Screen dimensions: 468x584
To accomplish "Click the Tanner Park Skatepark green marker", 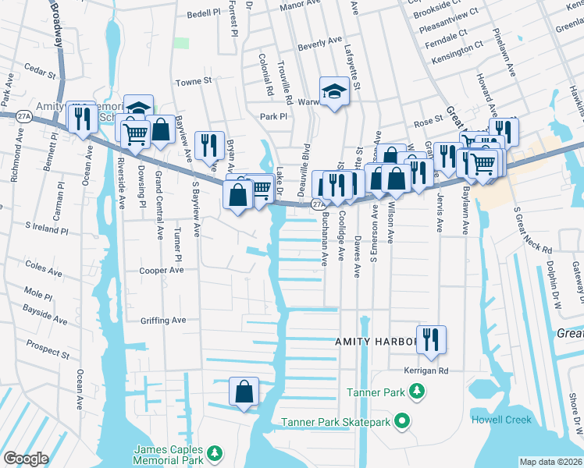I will pos(402,422).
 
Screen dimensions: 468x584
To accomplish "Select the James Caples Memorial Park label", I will pos(169,455).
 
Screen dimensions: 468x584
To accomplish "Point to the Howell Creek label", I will pos(500,420).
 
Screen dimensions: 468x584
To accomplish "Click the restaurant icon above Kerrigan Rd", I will pos(431,339).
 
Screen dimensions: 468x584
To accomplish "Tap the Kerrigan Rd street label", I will pos(426,370).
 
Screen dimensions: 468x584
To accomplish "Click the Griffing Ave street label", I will pos(163,320).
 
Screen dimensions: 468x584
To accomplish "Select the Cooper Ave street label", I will pos(161,271).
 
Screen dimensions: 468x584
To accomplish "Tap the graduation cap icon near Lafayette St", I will pos(334,92).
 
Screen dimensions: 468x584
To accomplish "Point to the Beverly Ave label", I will pos(319,43).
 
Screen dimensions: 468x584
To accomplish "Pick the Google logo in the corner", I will pos(26,459).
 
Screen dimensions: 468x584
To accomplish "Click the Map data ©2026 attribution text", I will pos(550,462).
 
